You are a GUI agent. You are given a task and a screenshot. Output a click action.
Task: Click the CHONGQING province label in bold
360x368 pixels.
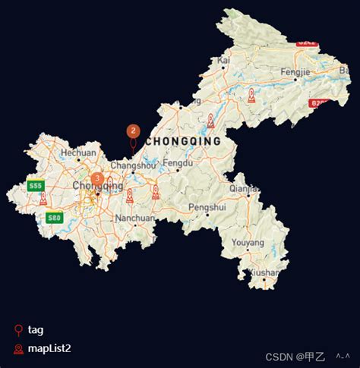183,141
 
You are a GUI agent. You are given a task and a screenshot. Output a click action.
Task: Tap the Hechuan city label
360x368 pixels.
78,153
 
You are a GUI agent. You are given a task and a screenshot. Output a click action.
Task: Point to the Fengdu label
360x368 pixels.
178,163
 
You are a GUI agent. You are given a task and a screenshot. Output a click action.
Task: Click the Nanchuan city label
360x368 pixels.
134,218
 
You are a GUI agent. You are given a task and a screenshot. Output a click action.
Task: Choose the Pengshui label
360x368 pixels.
207,206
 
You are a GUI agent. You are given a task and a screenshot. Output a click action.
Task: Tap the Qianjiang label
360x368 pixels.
244,189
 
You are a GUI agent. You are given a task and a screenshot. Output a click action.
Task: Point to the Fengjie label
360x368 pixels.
295,72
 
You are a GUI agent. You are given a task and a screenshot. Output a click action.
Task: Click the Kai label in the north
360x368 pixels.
223,60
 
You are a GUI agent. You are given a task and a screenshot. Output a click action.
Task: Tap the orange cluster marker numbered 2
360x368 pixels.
133,131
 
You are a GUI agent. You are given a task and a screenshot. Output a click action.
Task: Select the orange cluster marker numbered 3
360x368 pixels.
97,179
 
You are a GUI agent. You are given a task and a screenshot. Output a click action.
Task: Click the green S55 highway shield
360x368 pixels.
35,186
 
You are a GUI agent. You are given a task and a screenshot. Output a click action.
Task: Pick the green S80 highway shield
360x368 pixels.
53,219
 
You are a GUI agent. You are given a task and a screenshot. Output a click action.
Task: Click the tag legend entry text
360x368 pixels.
36,330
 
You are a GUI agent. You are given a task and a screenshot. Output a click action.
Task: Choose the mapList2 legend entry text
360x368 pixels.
49,349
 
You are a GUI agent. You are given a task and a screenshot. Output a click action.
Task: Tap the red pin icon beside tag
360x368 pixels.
18,330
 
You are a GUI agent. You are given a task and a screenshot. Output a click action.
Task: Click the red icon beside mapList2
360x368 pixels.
18,349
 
